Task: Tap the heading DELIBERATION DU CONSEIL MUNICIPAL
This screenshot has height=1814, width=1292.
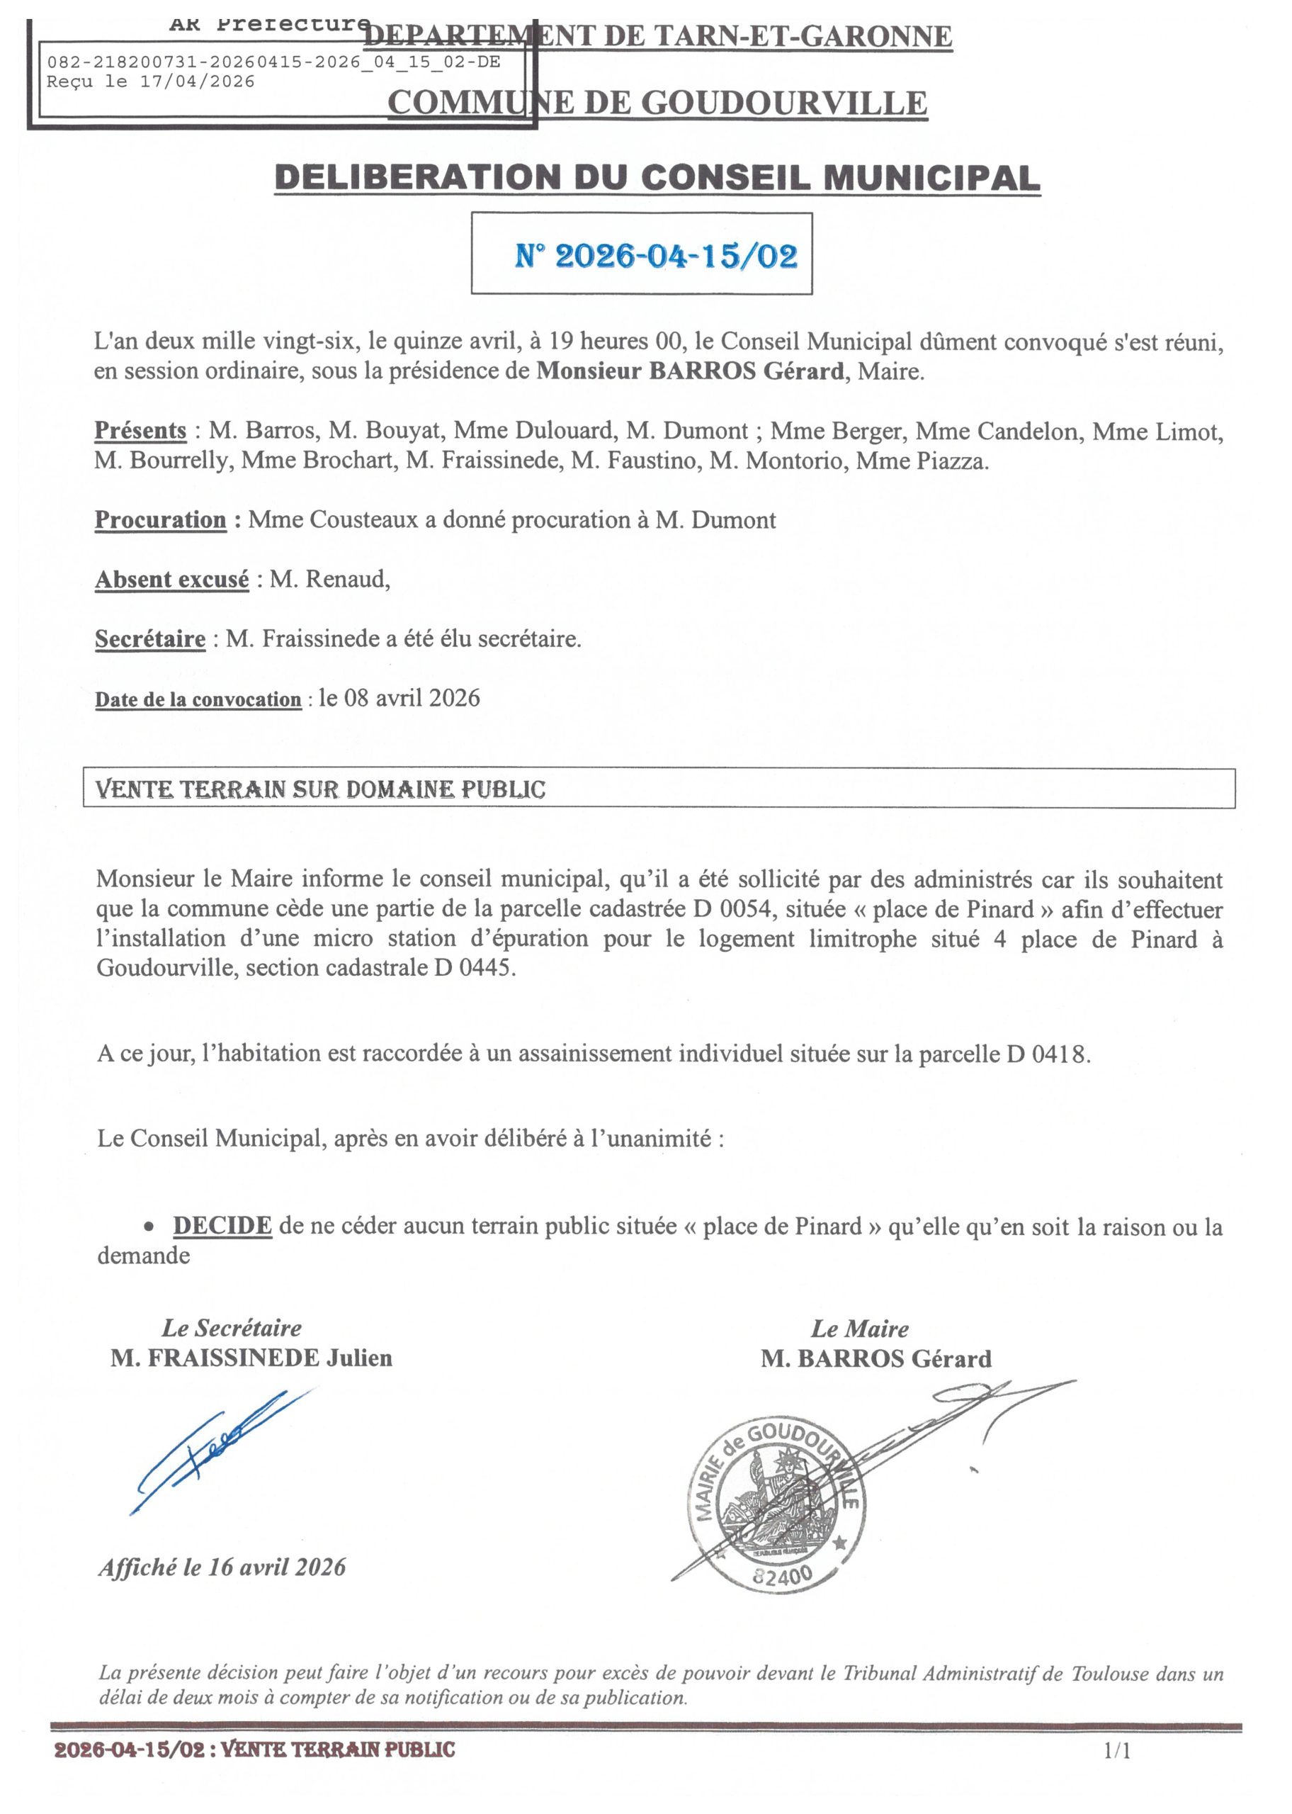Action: [657, 176]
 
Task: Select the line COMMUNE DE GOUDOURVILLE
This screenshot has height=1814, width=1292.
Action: [657, 103]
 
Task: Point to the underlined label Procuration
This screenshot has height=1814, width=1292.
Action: [161, 520]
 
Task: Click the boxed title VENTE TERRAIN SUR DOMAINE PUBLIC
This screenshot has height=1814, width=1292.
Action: [321, 789]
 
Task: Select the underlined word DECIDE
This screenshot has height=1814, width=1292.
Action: [222, 1226]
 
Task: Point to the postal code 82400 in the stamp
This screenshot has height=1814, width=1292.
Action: [782, 1574]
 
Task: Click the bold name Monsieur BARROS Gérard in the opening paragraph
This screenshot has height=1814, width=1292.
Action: [690, 371]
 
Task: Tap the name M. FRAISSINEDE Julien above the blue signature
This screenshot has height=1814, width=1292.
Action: [251, 1358]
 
